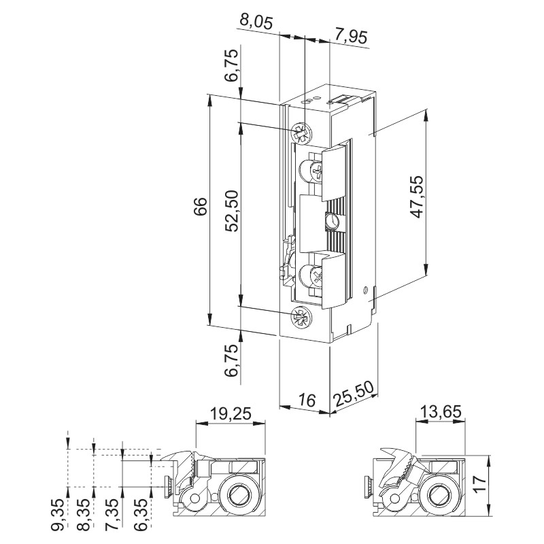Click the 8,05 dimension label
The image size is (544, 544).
click(256, 22)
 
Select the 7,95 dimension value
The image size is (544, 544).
click(351, 36)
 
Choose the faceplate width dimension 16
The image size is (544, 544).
click(307, 401)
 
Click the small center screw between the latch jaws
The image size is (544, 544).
click(333, 221)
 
